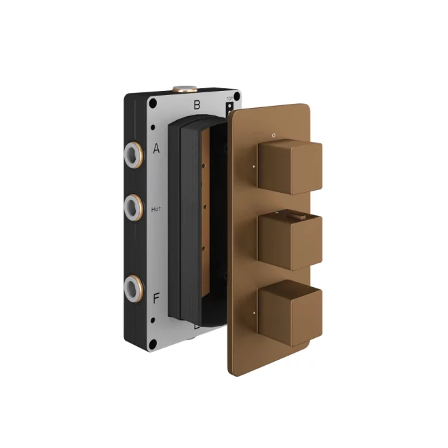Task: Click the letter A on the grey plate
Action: pyautogui.click(x=156, y=148)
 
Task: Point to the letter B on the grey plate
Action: pyautogui.click(x=197, y=105)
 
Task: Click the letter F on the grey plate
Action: pyautogui.click(x=156, y=297)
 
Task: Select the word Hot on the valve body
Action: pyautogui.click(x=156, y=210)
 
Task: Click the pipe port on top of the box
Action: pyautogui.click(x=184, y=88)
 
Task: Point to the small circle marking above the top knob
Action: pyautogui.click(x=274, y=135)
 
